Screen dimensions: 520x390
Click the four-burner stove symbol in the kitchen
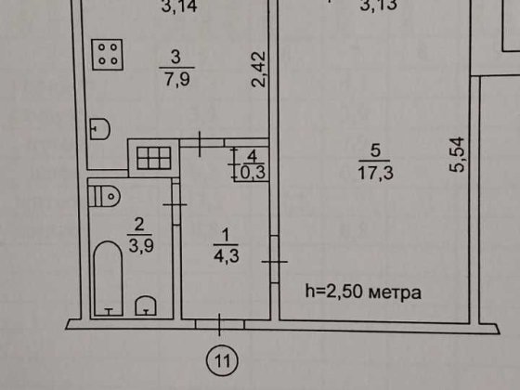[x=108, y=55]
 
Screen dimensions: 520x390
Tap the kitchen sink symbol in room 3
[x=100, y=129]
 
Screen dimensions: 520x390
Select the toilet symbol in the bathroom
[x=104, y=196]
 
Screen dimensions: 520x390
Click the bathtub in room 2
[x=109, y=279]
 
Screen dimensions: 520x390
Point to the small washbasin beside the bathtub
[x=145, y=305]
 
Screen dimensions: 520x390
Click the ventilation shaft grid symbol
[x=154, y=158]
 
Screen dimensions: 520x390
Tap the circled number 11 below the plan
[x=222, y=361]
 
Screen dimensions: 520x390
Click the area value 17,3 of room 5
[x=375, y=173]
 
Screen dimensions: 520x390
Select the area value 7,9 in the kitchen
[x=177, y=80]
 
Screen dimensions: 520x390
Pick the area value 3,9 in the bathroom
[x=141, y=246]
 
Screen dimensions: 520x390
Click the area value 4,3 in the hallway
[x=227, y=256]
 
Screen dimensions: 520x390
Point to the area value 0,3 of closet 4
[x=253, y=173]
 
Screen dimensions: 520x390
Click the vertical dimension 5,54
[x=458, y=154]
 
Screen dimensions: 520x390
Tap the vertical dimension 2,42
[x=259, y=70]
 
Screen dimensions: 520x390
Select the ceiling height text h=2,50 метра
[x=363, y=292]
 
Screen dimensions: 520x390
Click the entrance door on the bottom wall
[x=219, y=324]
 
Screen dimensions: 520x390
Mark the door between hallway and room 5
[x=275, y=259]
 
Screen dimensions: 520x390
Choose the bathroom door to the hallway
[x=175, y=204]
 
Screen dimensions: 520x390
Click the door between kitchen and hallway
[x=201, y=143]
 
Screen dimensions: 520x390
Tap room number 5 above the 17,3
[x=375, y=150]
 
